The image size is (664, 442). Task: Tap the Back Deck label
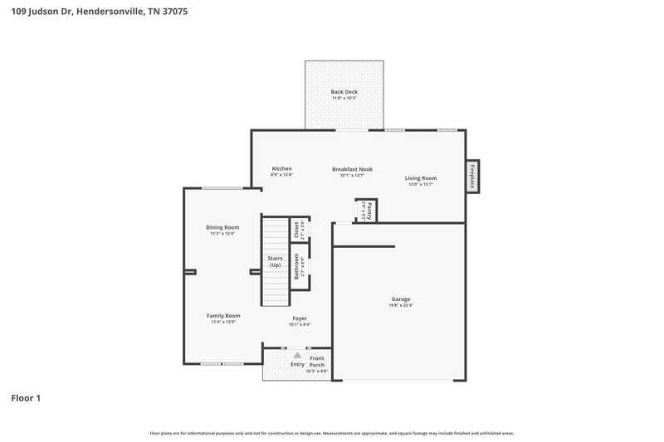[344, 91]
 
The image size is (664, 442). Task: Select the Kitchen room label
[281, 168]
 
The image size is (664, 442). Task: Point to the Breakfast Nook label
[352, 168]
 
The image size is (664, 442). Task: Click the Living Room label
[421, 177]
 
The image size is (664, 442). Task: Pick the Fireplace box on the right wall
[472, 176]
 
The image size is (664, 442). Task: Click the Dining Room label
[222, 227]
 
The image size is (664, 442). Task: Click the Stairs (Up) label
[275, 261]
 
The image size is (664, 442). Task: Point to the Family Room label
[223, 315]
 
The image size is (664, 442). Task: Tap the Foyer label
[300, 318]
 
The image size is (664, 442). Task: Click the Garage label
[401, 299]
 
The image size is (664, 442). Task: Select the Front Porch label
[317, 362]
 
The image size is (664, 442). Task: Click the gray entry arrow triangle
[297, 354]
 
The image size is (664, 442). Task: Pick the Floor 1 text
[26, 398]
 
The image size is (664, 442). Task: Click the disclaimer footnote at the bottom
[331, 433]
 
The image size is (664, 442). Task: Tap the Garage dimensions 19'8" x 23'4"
[401, 305]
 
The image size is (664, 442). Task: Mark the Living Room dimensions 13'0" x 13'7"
[421, 184]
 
